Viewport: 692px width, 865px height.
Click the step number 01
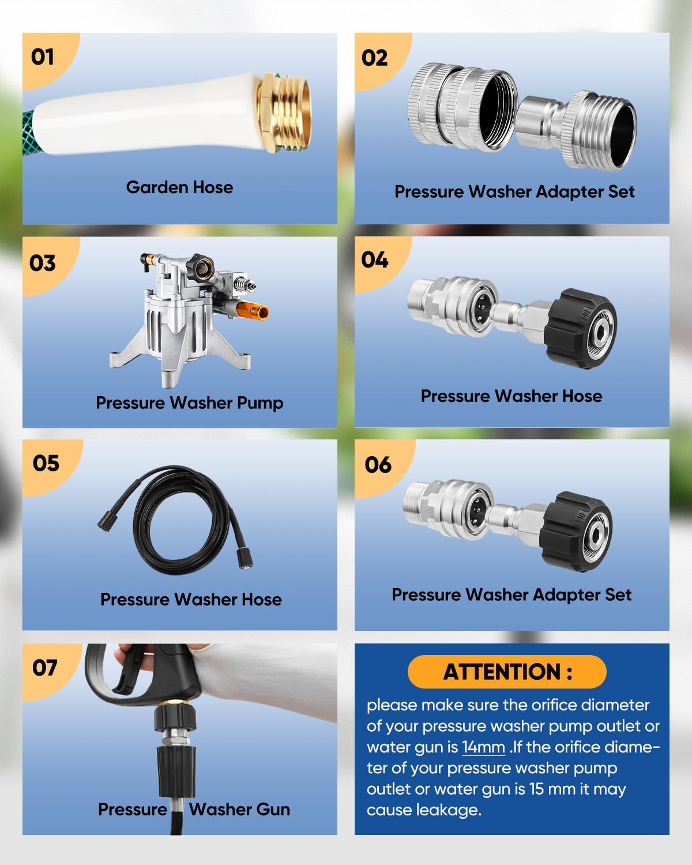tap(43, 57)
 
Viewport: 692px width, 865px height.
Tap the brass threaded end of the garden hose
tap(286, 113)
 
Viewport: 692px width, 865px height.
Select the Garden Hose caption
tap(179, 187)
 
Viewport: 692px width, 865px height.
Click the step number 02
tap(375, 58)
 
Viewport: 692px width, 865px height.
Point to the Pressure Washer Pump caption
tap(189, 403)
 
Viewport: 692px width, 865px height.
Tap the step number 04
tap(375, 260)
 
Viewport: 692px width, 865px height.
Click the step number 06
tap(378, 465)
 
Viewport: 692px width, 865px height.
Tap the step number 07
tap(45, 668)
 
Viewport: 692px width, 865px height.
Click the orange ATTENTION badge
tap(507, 672)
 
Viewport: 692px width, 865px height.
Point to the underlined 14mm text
tap(483, 747)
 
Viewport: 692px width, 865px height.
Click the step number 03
tap(43, 263)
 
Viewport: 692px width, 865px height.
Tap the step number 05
tap(46, 463)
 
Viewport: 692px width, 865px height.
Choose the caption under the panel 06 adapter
tap(512, 595)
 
